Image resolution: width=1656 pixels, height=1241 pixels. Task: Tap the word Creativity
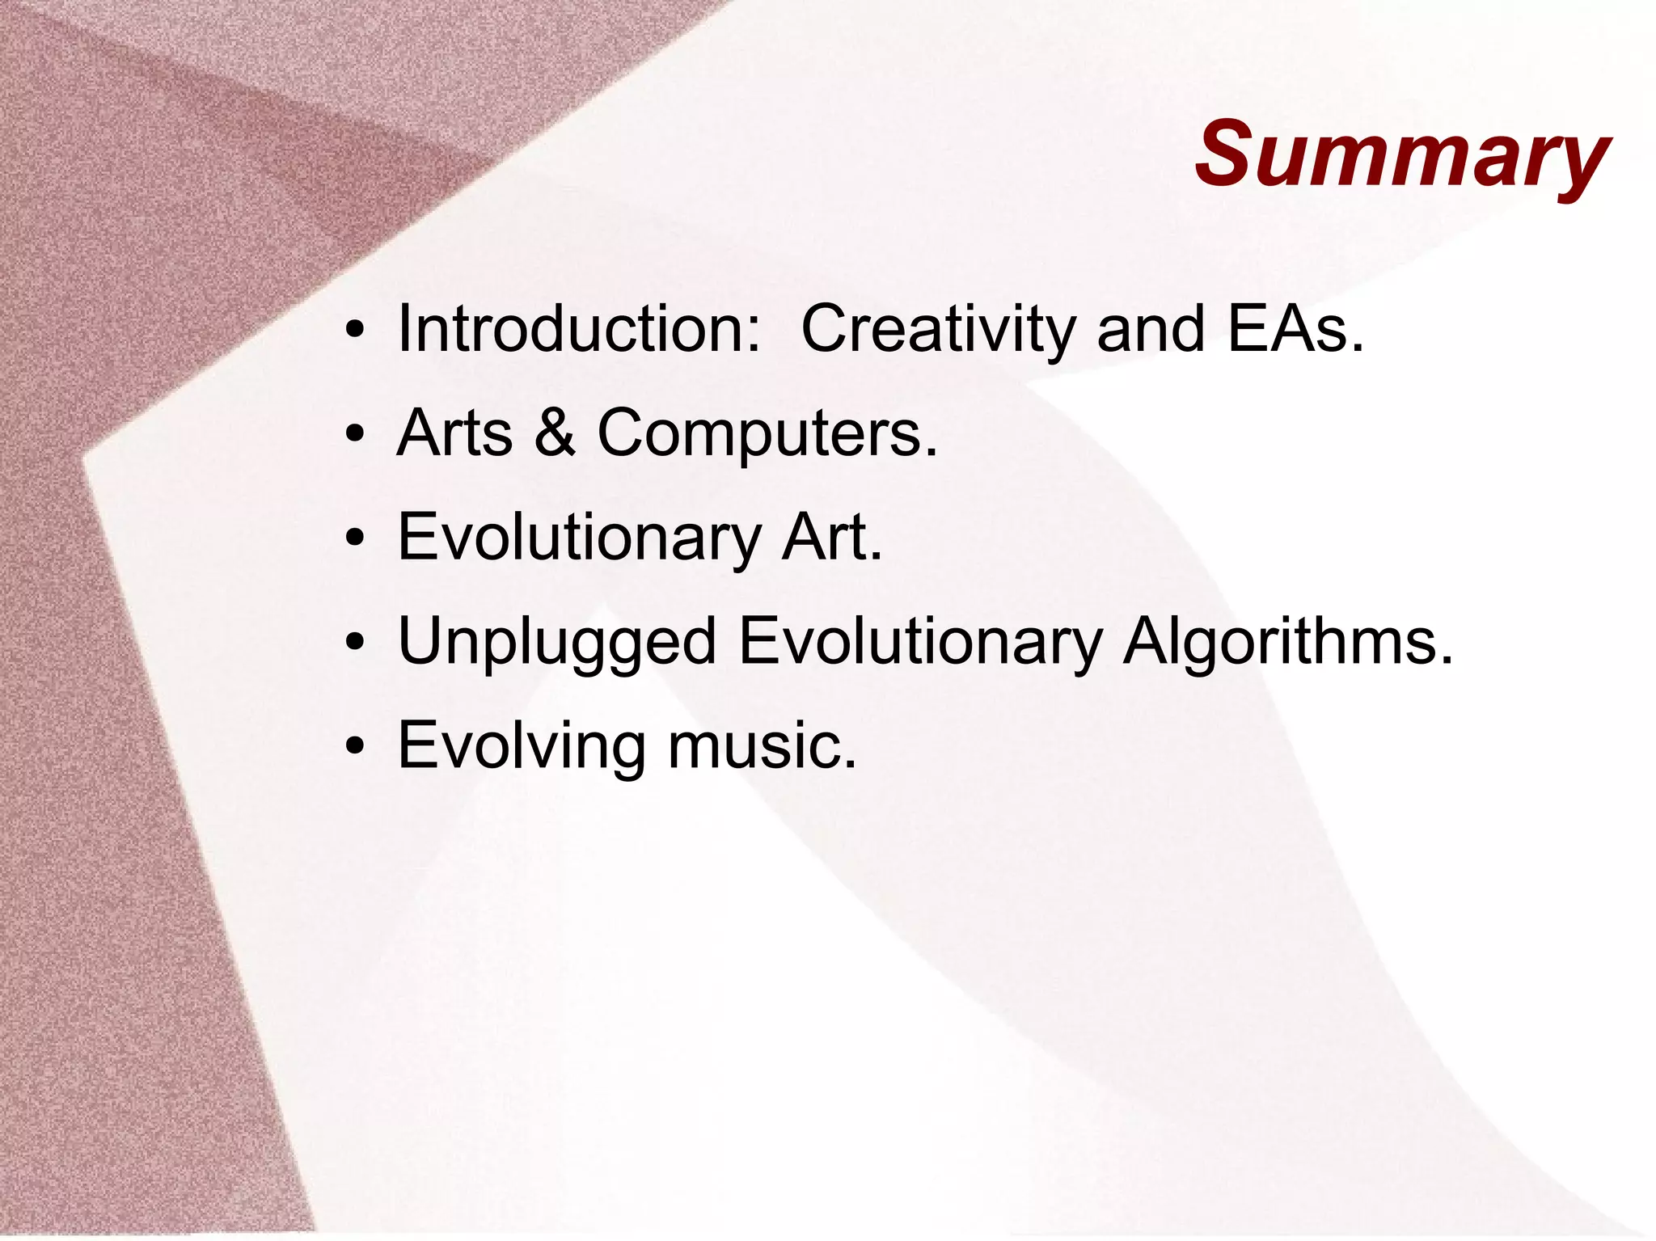click(x=938, y=329)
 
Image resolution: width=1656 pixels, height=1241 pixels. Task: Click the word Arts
click(x=455, y=433)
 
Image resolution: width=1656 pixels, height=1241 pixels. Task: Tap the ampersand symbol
click(x=555, y=433)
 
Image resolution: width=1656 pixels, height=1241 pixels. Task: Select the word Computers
click(x=767, y=433)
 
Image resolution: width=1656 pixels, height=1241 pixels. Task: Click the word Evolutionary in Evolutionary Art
click(x=579, y=538)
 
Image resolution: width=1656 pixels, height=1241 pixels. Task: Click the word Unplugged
click(x=557, y=642)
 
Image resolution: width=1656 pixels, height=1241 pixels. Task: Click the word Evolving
click(x=522, y=746)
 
